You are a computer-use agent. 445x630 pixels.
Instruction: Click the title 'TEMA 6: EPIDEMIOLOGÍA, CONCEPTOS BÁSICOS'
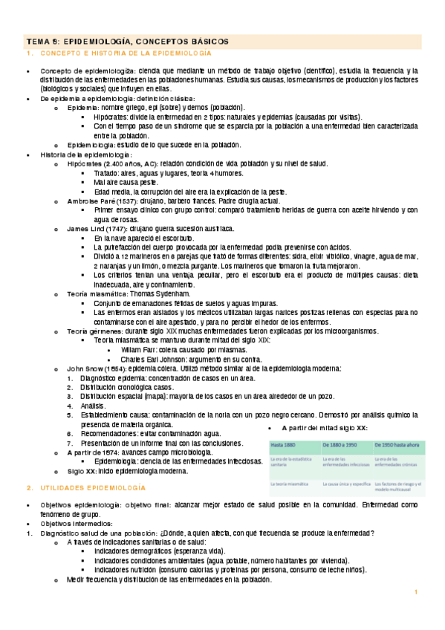(x=128, y=42)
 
